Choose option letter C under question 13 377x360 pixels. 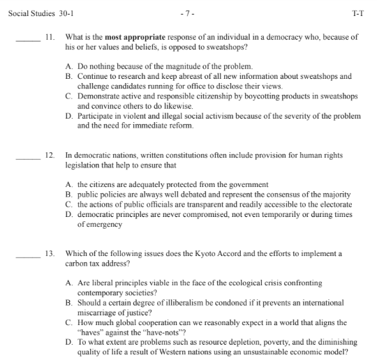click(68, 322)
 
